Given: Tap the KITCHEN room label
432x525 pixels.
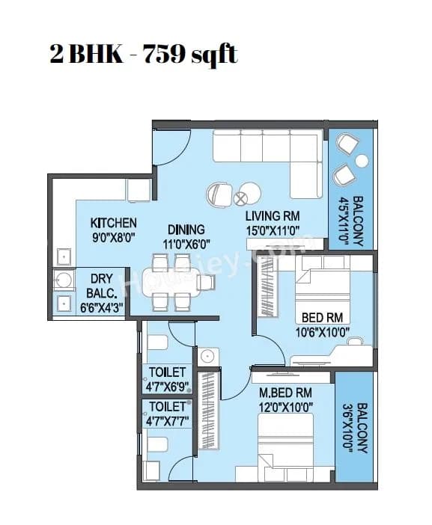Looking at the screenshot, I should (114, 223).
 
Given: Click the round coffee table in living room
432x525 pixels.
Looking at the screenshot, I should (241, 198).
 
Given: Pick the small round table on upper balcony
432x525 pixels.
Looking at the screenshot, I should (362, 161).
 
